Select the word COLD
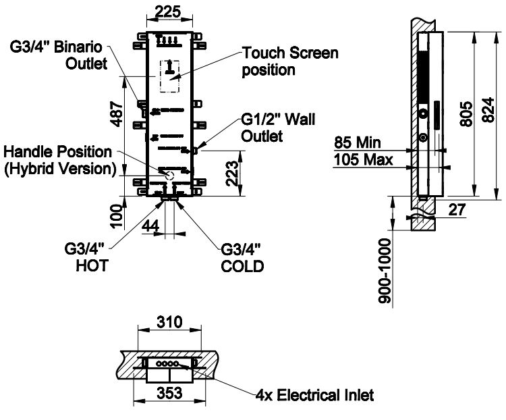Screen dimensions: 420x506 (x=242, y=266)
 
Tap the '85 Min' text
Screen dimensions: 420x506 (x=357, y=143)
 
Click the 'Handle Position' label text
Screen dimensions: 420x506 (x=59, y=152)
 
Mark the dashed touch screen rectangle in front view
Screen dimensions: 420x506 (x=169, y=76)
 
